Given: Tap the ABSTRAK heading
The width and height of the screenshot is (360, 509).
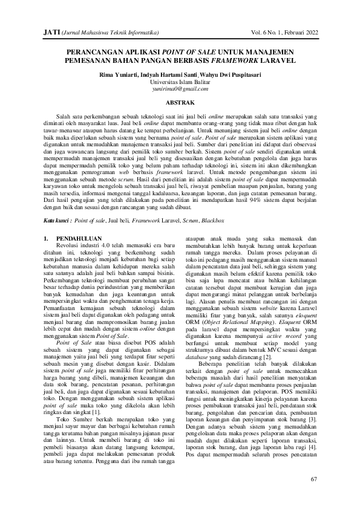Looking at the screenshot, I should click(x=180, y=103).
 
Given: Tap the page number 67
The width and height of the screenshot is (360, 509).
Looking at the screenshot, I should click(x=313, y=479).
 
